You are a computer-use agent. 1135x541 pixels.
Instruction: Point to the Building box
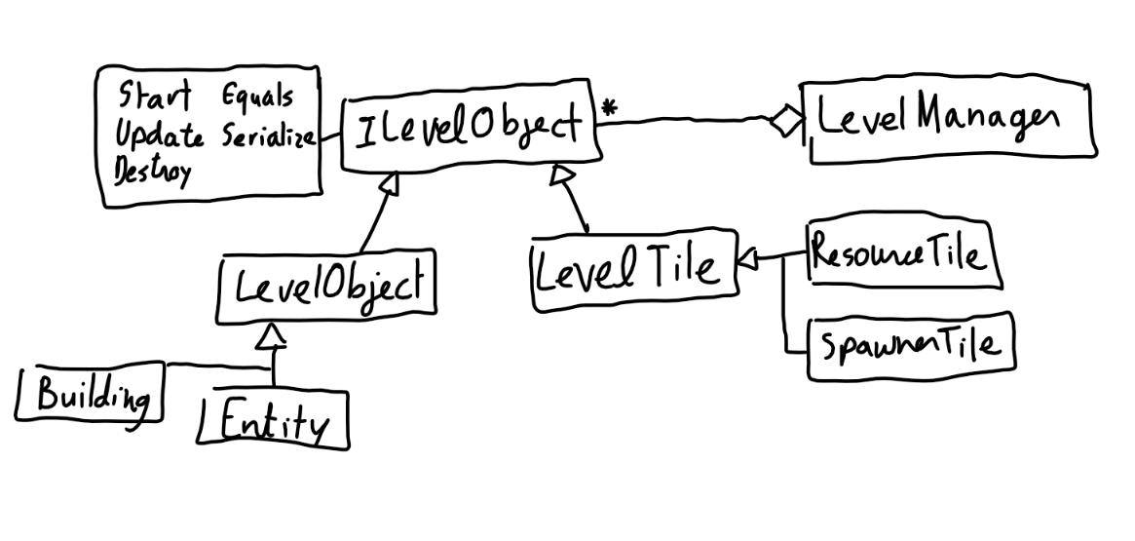(91, 395)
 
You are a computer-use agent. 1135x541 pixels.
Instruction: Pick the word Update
(159, 135)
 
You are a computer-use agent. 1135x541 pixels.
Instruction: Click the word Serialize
(269, 136)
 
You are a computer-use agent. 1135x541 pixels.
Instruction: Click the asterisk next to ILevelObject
(609, 108)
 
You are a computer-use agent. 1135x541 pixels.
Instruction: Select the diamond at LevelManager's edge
(785, 123)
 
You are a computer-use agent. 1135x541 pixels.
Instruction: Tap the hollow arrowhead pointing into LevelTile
(748, 259)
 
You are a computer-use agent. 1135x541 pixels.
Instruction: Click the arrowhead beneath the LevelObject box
(273, 336)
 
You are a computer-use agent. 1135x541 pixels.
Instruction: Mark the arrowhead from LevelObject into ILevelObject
(389, 180)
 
